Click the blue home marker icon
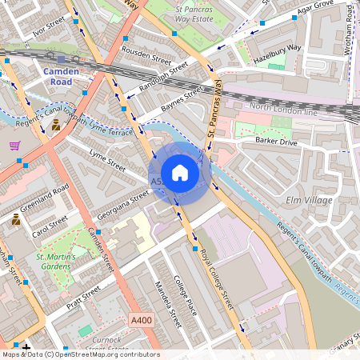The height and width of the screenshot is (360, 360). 180,173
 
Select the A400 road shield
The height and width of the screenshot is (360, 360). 141,320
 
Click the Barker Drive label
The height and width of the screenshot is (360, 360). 276,142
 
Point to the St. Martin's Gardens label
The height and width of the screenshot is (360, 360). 54,262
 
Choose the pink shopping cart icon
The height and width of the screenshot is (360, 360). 14,146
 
